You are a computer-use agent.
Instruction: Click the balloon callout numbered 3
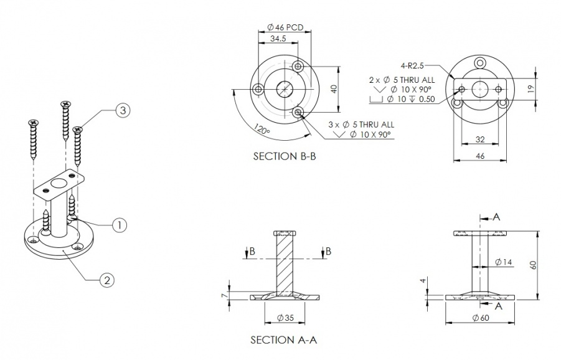pos(123,110)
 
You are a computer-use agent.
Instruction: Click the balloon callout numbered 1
pos(119,225)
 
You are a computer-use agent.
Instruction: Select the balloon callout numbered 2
pos(107,280)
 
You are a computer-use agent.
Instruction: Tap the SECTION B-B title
pos(285,156)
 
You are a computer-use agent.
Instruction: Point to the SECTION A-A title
pos(284,339)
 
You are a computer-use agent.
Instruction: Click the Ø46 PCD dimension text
pos(285,27)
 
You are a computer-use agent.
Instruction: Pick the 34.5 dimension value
pos(278,39)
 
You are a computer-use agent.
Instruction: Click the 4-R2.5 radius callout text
pos(412,65)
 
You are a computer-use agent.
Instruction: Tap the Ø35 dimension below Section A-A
pos(285,318)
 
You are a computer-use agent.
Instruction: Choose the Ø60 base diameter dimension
pos(481,318)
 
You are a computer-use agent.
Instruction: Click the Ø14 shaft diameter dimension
pos(503,262)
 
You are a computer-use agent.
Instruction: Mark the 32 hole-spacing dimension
pos(480,140)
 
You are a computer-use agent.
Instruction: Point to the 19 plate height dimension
pos(531,88)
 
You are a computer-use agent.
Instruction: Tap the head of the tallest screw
pos(65,104)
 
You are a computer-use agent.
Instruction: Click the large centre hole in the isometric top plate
pos(59,184)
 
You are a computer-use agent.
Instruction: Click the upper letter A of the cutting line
pos(496,217)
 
